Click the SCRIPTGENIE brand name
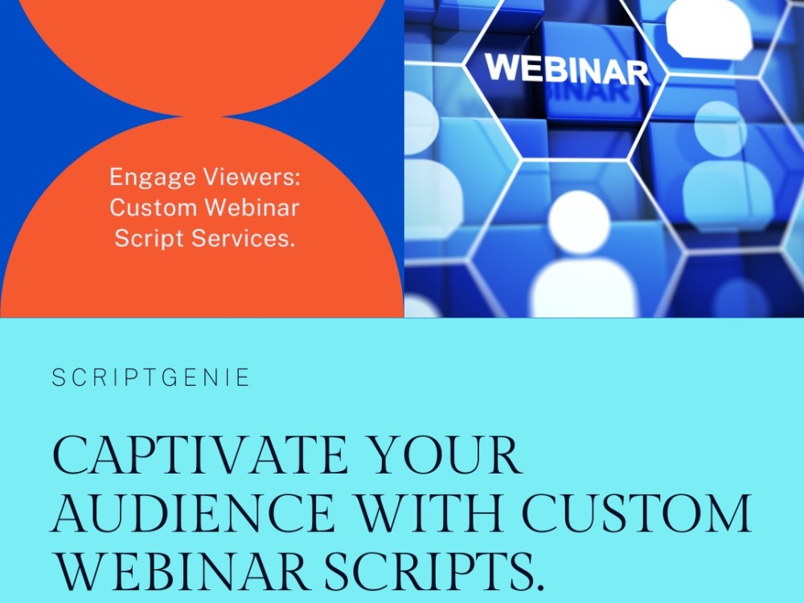point(151,378)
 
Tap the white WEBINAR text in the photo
point(567,69)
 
